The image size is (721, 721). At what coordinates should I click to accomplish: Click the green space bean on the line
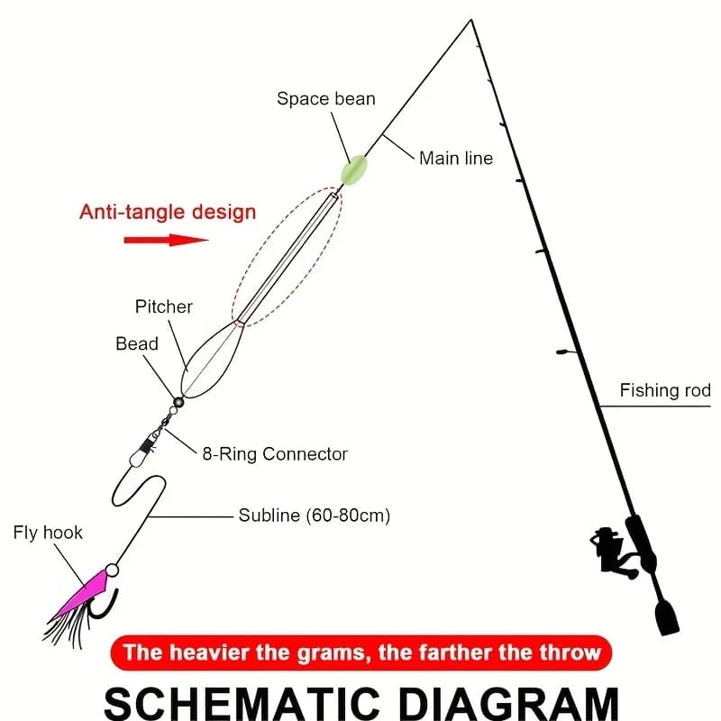click(x=353, y=170)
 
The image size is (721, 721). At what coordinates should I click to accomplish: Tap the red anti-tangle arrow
click(x=166, y=240)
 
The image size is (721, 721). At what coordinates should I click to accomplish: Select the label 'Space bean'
click(x=326, y=99)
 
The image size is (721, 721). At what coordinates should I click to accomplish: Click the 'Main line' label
click(x=456, y=159)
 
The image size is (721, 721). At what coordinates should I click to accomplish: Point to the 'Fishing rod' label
click(x=665, y=390)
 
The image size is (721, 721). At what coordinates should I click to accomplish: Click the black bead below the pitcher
click(x=178, y=402)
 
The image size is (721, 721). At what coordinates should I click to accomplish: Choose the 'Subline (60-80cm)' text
click(x=315, y=516)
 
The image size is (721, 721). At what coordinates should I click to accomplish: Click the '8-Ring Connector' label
click(x=275, y=454)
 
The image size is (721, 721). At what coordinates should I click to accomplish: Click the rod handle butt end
click(x=667, y=618)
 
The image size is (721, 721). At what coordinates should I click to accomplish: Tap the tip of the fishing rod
click(x=471, y=20)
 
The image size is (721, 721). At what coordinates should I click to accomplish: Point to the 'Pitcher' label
click(x=164, y=306)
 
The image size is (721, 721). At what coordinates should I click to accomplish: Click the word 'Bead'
click(x=137, y=343)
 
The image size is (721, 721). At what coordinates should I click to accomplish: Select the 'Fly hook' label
click(x=48, y=533)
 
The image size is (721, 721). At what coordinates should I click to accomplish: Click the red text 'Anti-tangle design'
click(x=168, y=212)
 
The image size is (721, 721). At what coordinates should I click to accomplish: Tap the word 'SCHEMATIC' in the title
click(x=242, y=704)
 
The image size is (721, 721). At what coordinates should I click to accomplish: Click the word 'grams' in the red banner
click(x=333, y=653)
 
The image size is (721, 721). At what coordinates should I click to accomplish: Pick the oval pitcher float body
click(x=213, y=360)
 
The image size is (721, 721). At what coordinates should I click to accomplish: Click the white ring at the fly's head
click(x=112, y=570)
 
